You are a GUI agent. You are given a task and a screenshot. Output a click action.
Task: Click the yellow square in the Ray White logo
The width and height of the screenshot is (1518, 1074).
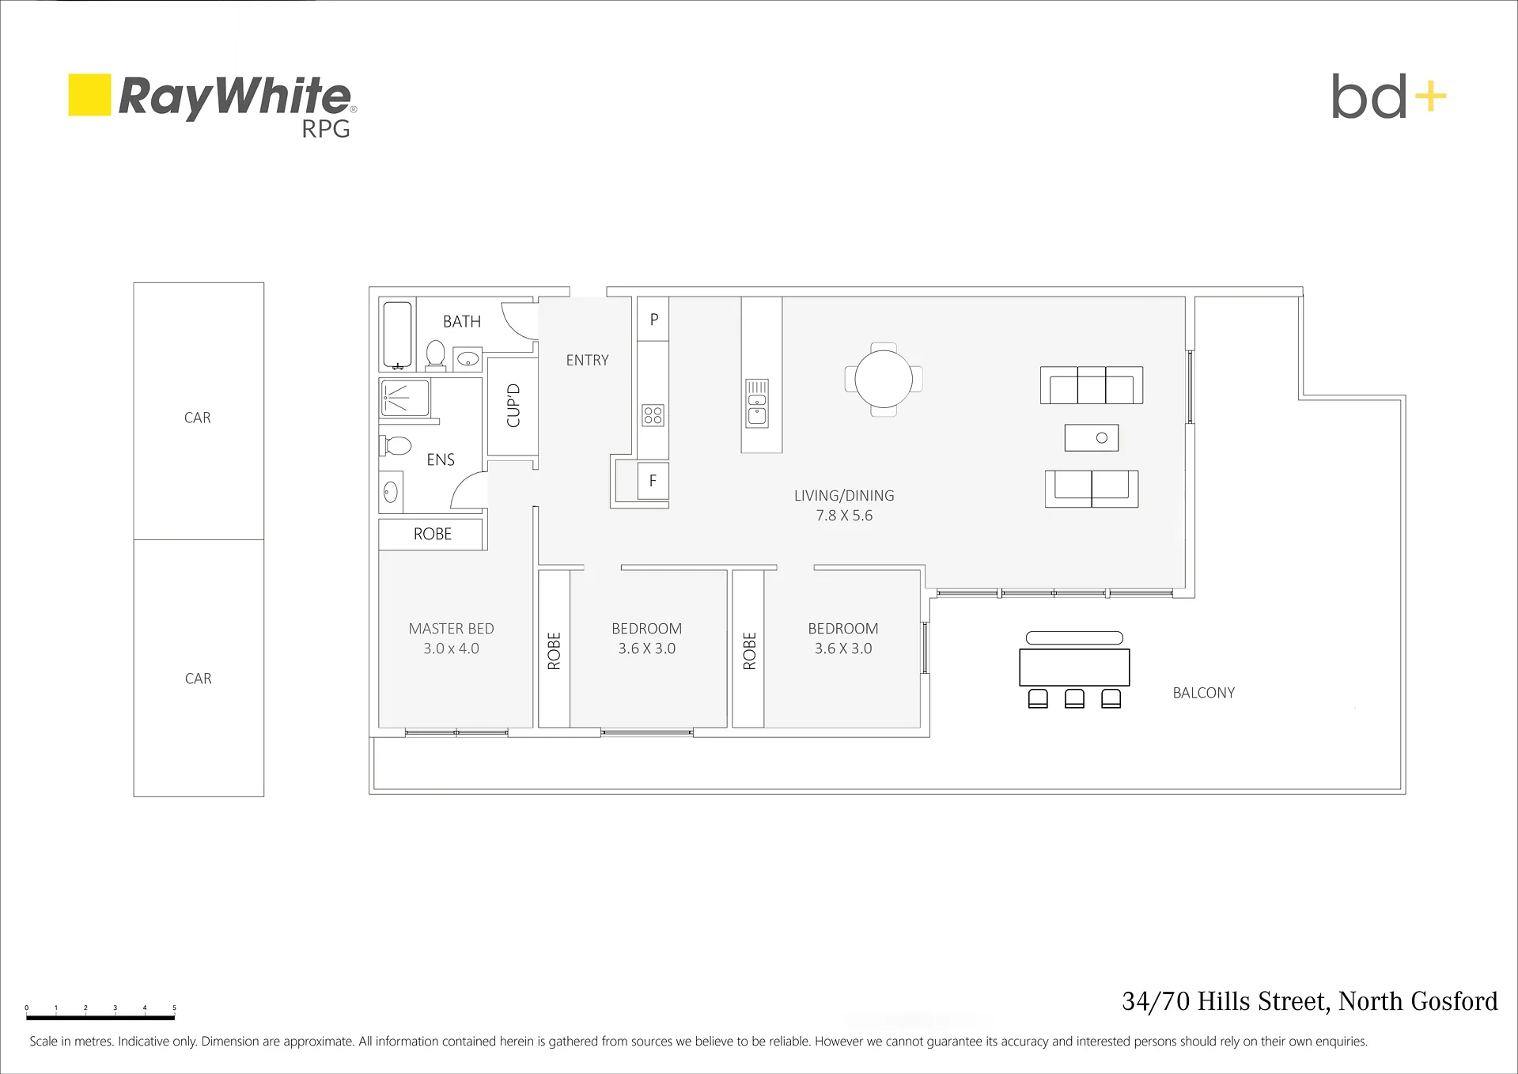pos(89,95)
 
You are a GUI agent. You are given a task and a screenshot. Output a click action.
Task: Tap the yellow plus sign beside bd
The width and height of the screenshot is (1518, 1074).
pos(1430,97)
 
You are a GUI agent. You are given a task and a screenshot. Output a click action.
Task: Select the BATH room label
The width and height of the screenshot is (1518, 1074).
pos(462,322)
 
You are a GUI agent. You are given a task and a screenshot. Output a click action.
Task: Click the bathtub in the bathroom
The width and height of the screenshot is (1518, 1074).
pos(397,335)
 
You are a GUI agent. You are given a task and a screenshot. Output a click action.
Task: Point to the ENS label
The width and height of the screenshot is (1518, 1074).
pos(441,459)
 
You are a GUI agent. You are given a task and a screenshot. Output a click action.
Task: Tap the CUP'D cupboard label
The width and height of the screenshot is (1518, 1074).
pos(513,406)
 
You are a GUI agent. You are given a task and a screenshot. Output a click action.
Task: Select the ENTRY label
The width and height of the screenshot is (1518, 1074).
pos(587,361)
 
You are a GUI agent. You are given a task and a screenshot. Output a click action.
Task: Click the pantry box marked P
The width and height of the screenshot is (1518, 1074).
pos(653,320)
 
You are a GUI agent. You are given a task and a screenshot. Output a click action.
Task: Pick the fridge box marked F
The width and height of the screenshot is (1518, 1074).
pos(653,481)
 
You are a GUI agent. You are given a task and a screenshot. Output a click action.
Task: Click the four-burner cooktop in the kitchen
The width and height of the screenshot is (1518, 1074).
pos(653,415)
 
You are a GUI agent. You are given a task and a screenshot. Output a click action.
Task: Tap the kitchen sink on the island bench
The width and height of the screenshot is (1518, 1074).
pos(757,403)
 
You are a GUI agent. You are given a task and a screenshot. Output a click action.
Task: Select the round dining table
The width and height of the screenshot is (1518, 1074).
pos(884,379)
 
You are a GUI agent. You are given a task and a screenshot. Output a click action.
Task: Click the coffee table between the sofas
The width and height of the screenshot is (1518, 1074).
pos(1092,437)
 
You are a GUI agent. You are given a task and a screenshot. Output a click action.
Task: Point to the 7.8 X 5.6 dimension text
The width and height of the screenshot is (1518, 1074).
pos(844,516)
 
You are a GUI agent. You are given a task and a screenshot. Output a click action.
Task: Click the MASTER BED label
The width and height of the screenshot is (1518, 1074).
pos(451,629)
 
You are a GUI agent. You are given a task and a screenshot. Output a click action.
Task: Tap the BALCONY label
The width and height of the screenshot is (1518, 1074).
pos(1203,693)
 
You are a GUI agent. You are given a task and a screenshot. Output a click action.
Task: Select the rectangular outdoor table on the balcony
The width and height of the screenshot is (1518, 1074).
pos(1074,667)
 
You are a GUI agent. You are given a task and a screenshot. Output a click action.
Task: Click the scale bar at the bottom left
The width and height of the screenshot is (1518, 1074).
pos(100,1017)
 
